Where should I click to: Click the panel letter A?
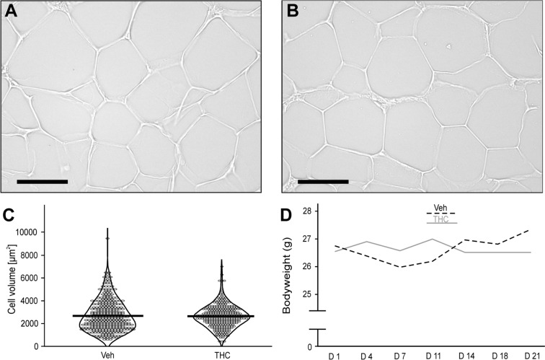12,12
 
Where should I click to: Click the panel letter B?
293,12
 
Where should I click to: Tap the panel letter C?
9,216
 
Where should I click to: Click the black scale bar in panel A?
42,181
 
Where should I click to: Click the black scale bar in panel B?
322,181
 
